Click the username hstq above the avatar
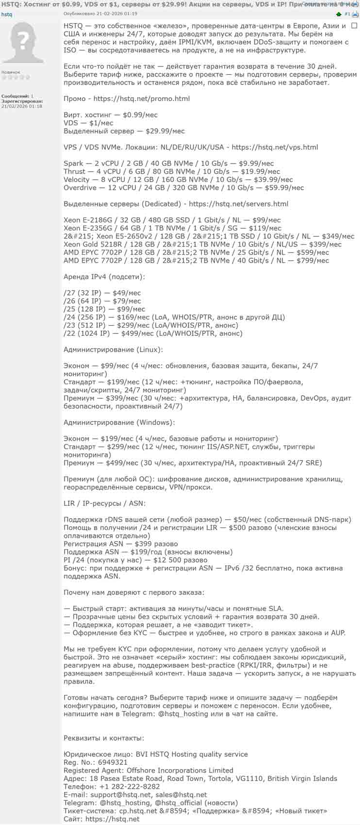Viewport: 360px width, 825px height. click(x=7, y=15)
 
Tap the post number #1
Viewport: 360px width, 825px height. click(x=347, y=14)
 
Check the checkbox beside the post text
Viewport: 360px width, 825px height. click(x=354, y=26)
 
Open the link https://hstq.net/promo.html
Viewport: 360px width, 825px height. click(x=141, y=99)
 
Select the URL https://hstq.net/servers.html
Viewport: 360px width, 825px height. click(x=238, y=204)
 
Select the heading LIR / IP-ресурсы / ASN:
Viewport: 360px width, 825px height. click(x=104, y=503)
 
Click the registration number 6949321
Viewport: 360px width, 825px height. click(x=113, y=762)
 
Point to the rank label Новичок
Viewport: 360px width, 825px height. click(x=11, y=72)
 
